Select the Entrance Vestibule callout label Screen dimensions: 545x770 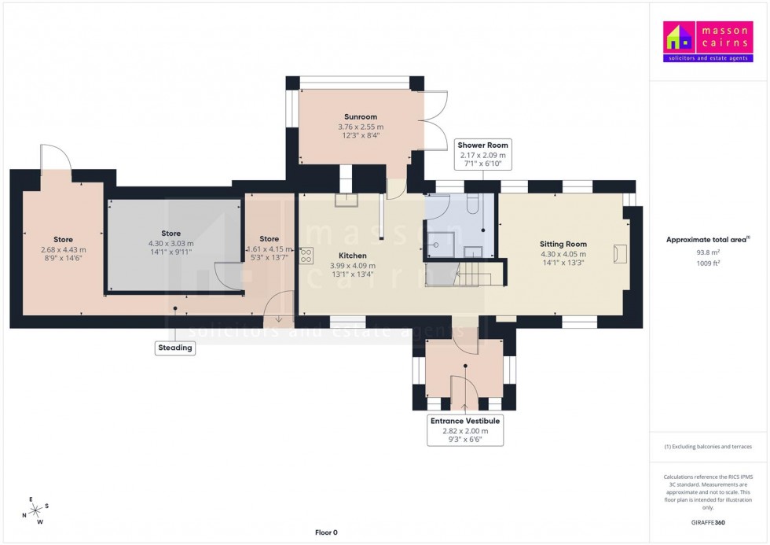click(x=464, y=430)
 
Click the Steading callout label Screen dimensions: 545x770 click(x=174, y=348)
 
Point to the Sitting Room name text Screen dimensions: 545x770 click(x=563, y=244)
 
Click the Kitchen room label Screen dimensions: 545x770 click(x=352, y=256)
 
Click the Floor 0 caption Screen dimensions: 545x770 click(x=325, y=532)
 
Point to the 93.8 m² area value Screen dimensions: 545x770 click(x=708, y=252)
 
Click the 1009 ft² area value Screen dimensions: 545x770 click(x=708, y=263)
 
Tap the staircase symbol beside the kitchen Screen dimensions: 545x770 click(x=473, y=274)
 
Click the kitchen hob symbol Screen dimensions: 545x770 click(x=306, y=256)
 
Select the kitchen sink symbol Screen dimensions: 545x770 click(x=346, y=201)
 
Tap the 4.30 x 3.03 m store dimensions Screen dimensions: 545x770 click(x=170, y=244)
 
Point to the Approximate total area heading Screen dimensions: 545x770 click(x=707, y=239)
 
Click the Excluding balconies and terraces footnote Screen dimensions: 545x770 click(x=708, y=446)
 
